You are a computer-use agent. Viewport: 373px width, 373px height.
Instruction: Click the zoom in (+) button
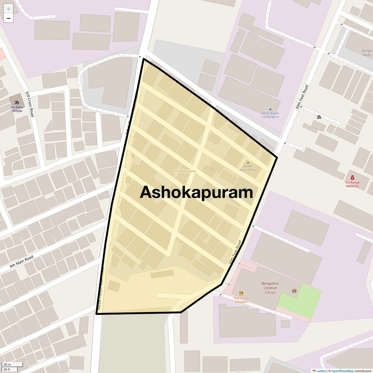tap(9, 9)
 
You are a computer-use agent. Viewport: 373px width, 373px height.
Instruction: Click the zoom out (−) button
tap(9, 18)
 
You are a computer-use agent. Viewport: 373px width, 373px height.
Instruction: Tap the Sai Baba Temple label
tap(17, 109)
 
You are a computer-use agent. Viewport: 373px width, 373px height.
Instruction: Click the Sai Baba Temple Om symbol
tap(17, 102)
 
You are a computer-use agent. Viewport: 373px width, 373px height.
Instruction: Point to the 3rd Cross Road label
tap(30, 104)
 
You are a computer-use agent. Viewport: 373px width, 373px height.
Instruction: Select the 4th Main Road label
tap(22, 262)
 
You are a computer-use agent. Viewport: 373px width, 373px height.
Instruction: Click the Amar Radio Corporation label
tap(270, 115)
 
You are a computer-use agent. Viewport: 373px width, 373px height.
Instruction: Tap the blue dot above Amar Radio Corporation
tap(270, 109)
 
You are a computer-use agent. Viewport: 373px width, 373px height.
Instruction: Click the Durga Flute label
tap(367, 53)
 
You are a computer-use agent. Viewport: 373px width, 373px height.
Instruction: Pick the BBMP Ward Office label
tap(248, 168)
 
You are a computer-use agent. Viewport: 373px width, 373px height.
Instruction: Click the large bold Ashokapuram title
tap(196, 192)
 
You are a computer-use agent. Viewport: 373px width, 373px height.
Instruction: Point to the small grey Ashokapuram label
tap(184, 171)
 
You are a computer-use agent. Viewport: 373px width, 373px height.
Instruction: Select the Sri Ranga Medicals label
tap(352, 184)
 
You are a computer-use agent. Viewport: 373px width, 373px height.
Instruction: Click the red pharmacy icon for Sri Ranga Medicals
tap(352, 178)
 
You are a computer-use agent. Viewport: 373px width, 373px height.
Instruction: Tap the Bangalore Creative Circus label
tap(270, 288)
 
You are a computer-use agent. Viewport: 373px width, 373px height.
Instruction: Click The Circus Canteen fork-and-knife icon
tap(241, 293)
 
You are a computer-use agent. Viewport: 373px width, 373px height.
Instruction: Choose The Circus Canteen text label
tap(241, 300)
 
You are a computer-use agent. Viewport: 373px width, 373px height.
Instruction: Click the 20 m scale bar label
tap(7, 364)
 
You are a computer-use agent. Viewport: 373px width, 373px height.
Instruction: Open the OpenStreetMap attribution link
tap(342, 371)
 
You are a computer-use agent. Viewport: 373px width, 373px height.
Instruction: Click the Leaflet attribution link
tap(321, 371)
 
